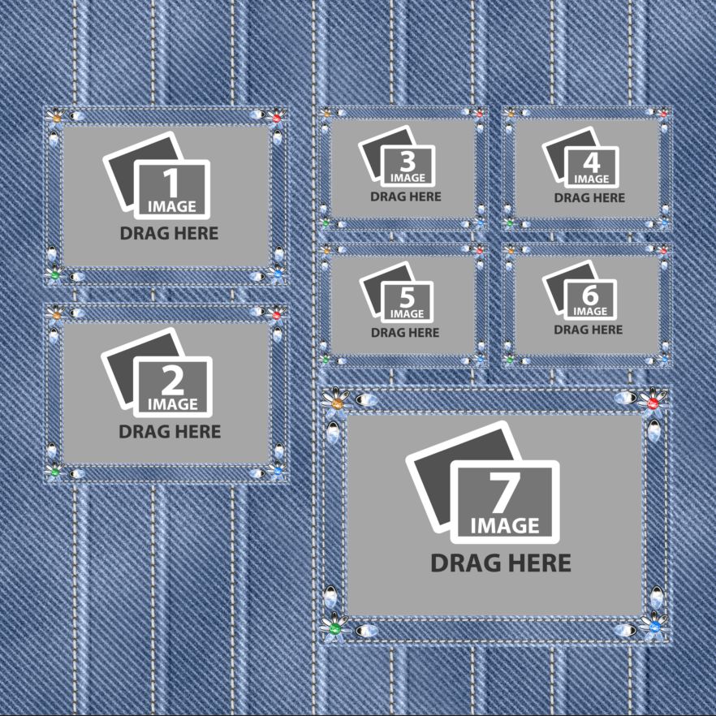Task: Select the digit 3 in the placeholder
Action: (408, 161)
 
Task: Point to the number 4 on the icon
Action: (591, 162)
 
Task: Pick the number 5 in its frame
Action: (407, 297)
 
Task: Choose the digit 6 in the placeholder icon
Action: (590, 295)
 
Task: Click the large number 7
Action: (504, 492)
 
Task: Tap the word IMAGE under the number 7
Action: (505, 525)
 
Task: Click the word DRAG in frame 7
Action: (464, 563)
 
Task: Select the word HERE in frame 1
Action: (192, 234)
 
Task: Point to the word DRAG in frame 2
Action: (144, 432)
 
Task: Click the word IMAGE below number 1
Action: (172, 207)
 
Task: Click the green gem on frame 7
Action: (334, 627)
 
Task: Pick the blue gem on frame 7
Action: (653, 627)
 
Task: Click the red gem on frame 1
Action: (276, 119)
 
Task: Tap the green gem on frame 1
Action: (55, 275)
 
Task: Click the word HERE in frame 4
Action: (608, 197)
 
